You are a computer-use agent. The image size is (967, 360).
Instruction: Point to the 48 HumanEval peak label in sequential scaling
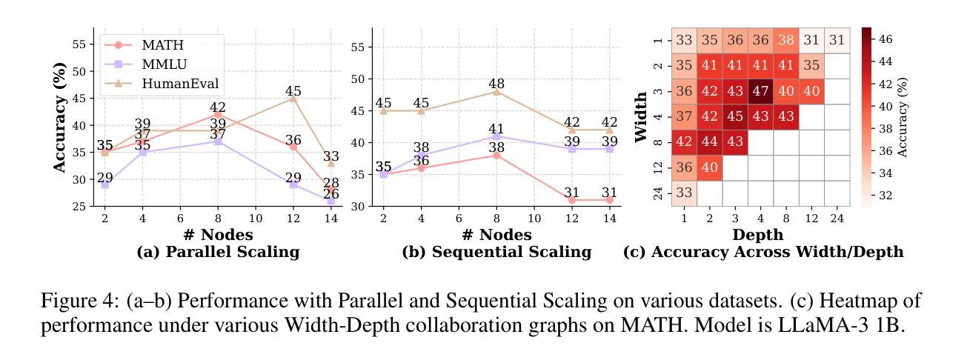tap(496, 84)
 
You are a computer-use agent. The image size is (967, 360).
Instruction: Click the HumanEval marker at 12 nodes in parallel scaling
tap(293, 99)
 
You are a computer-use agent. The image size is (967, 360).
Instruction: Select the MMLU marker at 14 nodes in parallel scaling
tap(331, 201)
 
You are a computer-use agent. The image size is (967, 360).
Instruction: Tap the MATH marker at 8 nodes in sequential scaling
tap(496, 156)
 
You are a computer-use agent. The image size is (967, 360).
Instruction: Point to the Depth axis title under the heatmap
tap(758, 235)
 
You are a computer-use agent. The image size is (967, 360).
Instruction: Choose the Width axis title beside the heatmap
tap(642, 116)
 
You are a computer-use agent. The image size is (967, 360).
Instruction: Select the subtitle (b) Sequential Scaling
tap(496, 252)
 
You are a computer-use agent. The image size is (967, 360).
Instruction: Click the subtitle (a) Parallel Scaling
tap(218, 252)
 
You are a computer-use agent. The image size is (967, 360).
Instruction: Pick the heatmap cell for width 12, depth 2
tap(710, 167)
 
